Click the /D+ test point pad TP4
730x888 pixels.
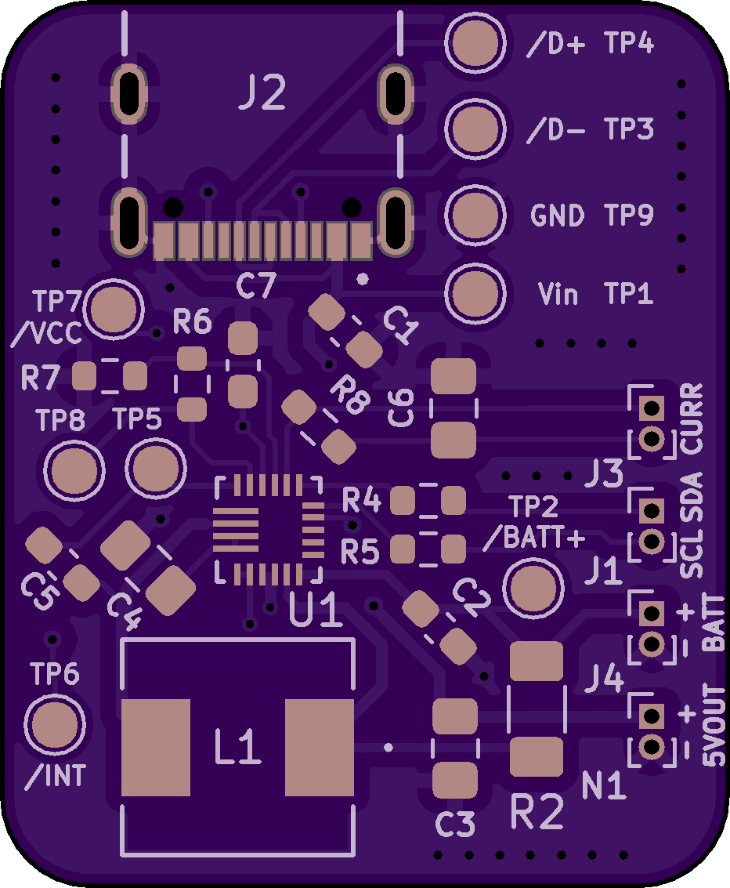pyautogui.click(x=475, y=45)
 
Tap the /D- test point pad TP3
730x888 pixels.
pyautogui.click(x=475, y=129)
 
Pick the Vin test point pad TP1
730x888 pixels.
pyautogui.click(x=475, y=293)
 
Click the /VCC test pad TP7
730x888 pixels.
pyautogui.click(x=115, y=309)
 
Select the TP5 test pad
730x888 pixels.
pyautogui.click(x=156, y=469)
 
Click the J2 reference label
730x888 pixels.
pyautogui.click(x=262, y=96)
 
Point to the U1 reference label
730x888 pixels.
pyautogui.click(x=316, y=611)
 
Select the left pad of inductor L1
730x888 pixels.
pyautogui.click(x=156, y=747)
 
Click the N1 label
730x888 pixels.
pyautogui.click(x=604, y=785)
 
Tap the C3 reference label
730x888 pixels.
pyautogui.click(x=455, y=825)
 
